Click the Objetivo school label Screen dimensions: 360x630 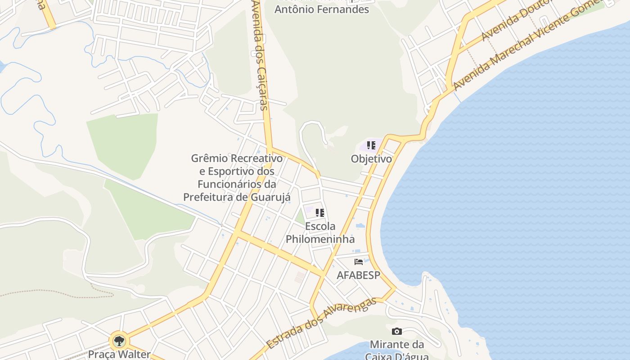(x=371, y=159)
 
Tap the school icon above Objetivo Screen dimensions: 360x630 (x=371, y=145)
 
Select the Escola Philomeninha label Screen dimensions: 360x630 (x=320, y=232)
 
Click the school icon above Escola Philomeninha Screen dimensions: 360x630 (x=320, y=213)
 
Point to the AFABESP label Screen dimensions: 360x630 (x=358, y=275)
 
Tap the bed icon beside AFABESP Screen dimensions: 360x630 (x=359, y=261)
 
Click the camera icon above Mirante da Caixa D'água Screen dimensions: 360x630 (x=396, y=332)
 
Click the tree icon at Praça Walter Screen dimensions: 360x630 (x=119, y=341)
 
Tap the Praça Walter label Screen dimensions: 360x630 (x=119, y=354)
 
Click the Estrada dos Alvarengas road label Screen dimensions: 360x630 (x=320, y=323)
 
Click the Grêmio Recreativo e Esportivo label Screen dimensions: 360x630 (x=237, y=178)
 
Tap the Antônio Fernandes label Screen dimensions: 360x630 (x=321, y=9)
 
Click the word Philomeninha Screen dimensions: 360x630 (x=320, y=239)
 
